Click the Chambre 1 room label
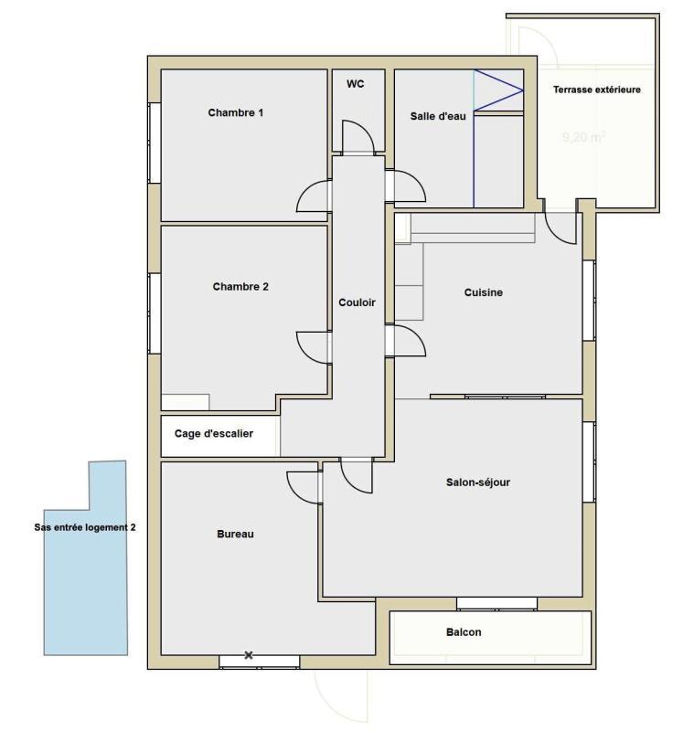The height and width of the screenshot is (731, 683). point(236,113)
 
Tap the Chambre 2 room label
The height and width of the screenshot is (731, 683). point(240,286)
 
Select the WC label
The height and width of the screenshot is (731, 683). point(356,83)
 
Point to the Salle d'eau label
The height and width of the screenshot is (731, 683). point(438,116)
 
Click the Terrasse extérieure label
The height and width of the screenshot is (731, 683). point(596,90)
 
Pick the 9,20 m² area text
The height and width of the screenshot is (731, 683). point(583,139)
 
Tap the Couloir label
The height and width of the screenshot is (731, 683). point(357,302)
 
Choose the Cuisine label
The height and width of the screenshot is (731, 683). point(484,292)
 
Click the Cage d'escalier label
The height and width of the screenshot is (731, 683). point(214,434)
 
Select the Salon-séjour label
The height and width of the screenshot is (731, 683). point(478,482)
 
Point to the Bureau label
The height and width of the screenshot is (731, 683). point(235,534)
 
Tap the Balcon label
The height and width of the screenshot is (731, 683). point(464,631)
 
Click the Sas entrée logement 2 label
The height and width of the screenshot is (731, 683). point(83,527)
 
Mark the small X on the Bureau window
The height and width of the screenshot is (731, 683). point(248,655)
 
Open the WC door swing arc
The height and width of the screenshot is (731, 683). point(358,137)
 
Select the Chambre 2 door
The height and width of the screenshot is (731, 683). point(313,347)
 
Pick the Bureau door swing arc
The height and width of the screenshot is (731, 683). point(303,484)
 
